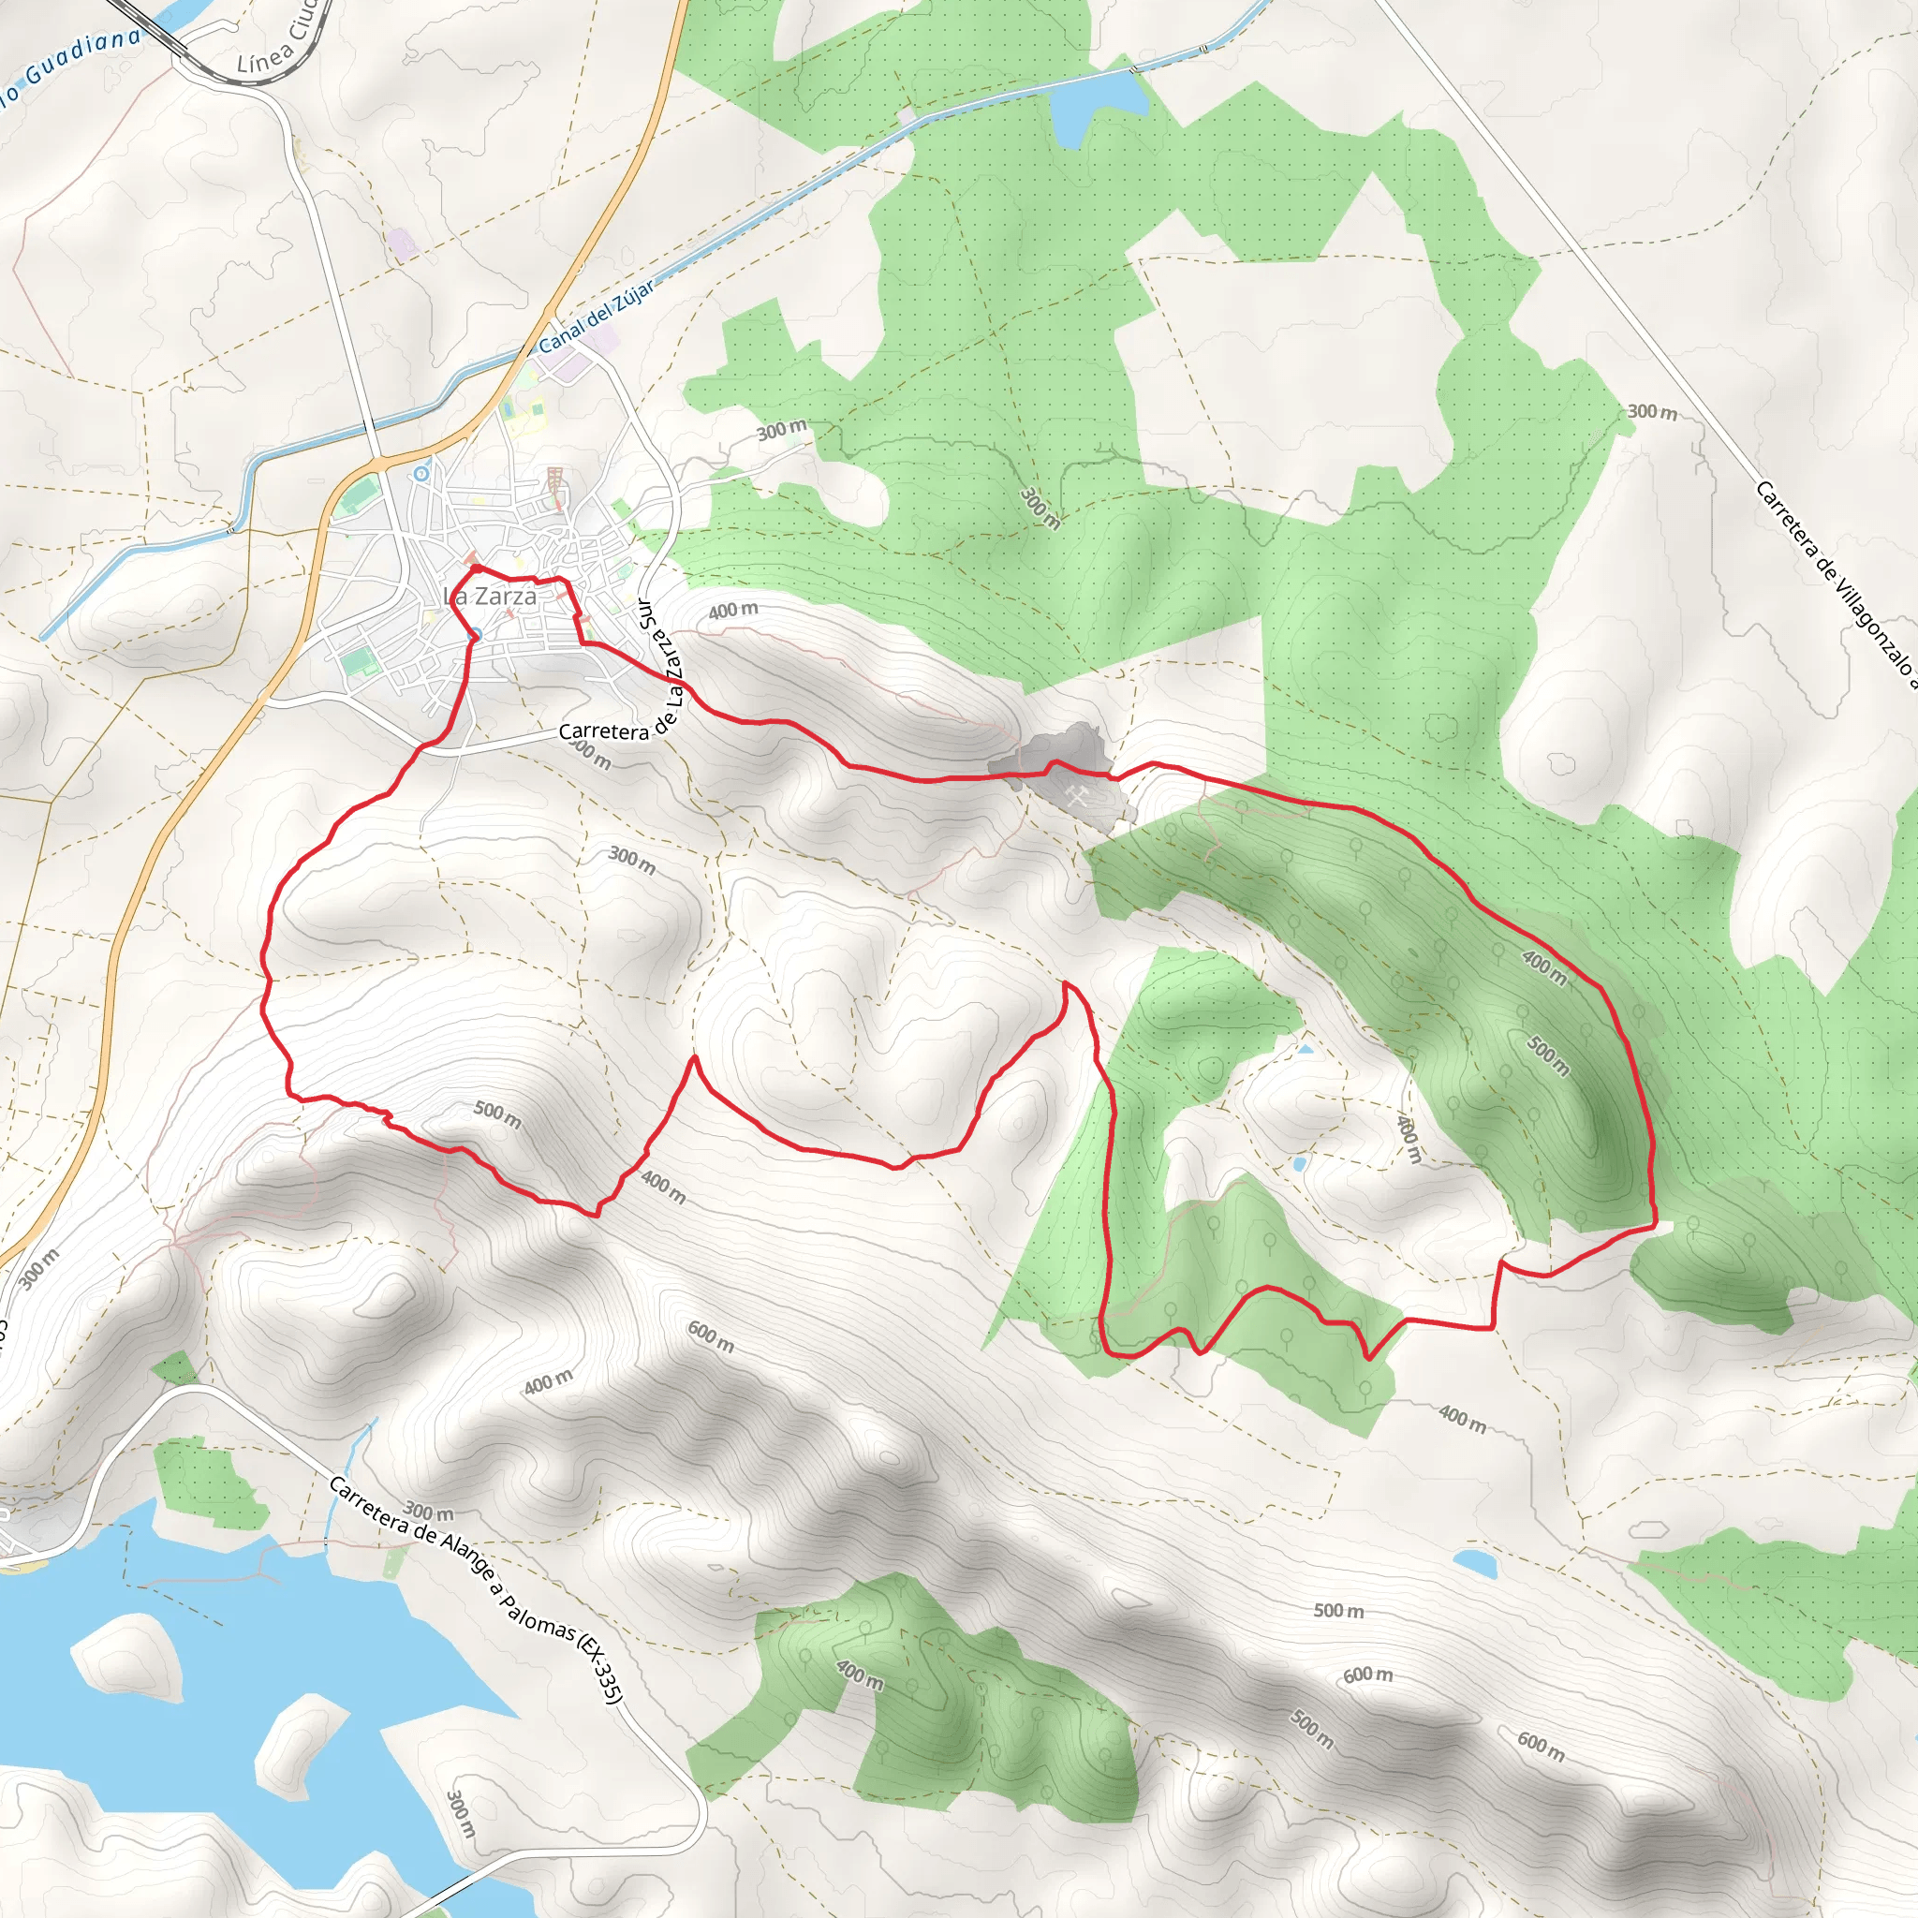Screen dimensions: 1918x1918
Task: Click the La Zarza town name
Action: coord(491,597)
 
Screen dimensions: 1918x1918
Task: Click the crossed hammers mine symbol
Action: coord(1076,795)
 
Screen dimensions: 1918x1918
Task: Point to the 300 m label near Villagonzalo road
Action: coord(1652,411)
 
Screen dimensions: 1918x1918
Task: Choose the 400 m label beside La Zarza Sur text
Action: coord(732,611)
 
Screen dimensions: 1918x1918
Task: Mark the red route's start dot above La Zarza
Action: coord(476,568)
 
